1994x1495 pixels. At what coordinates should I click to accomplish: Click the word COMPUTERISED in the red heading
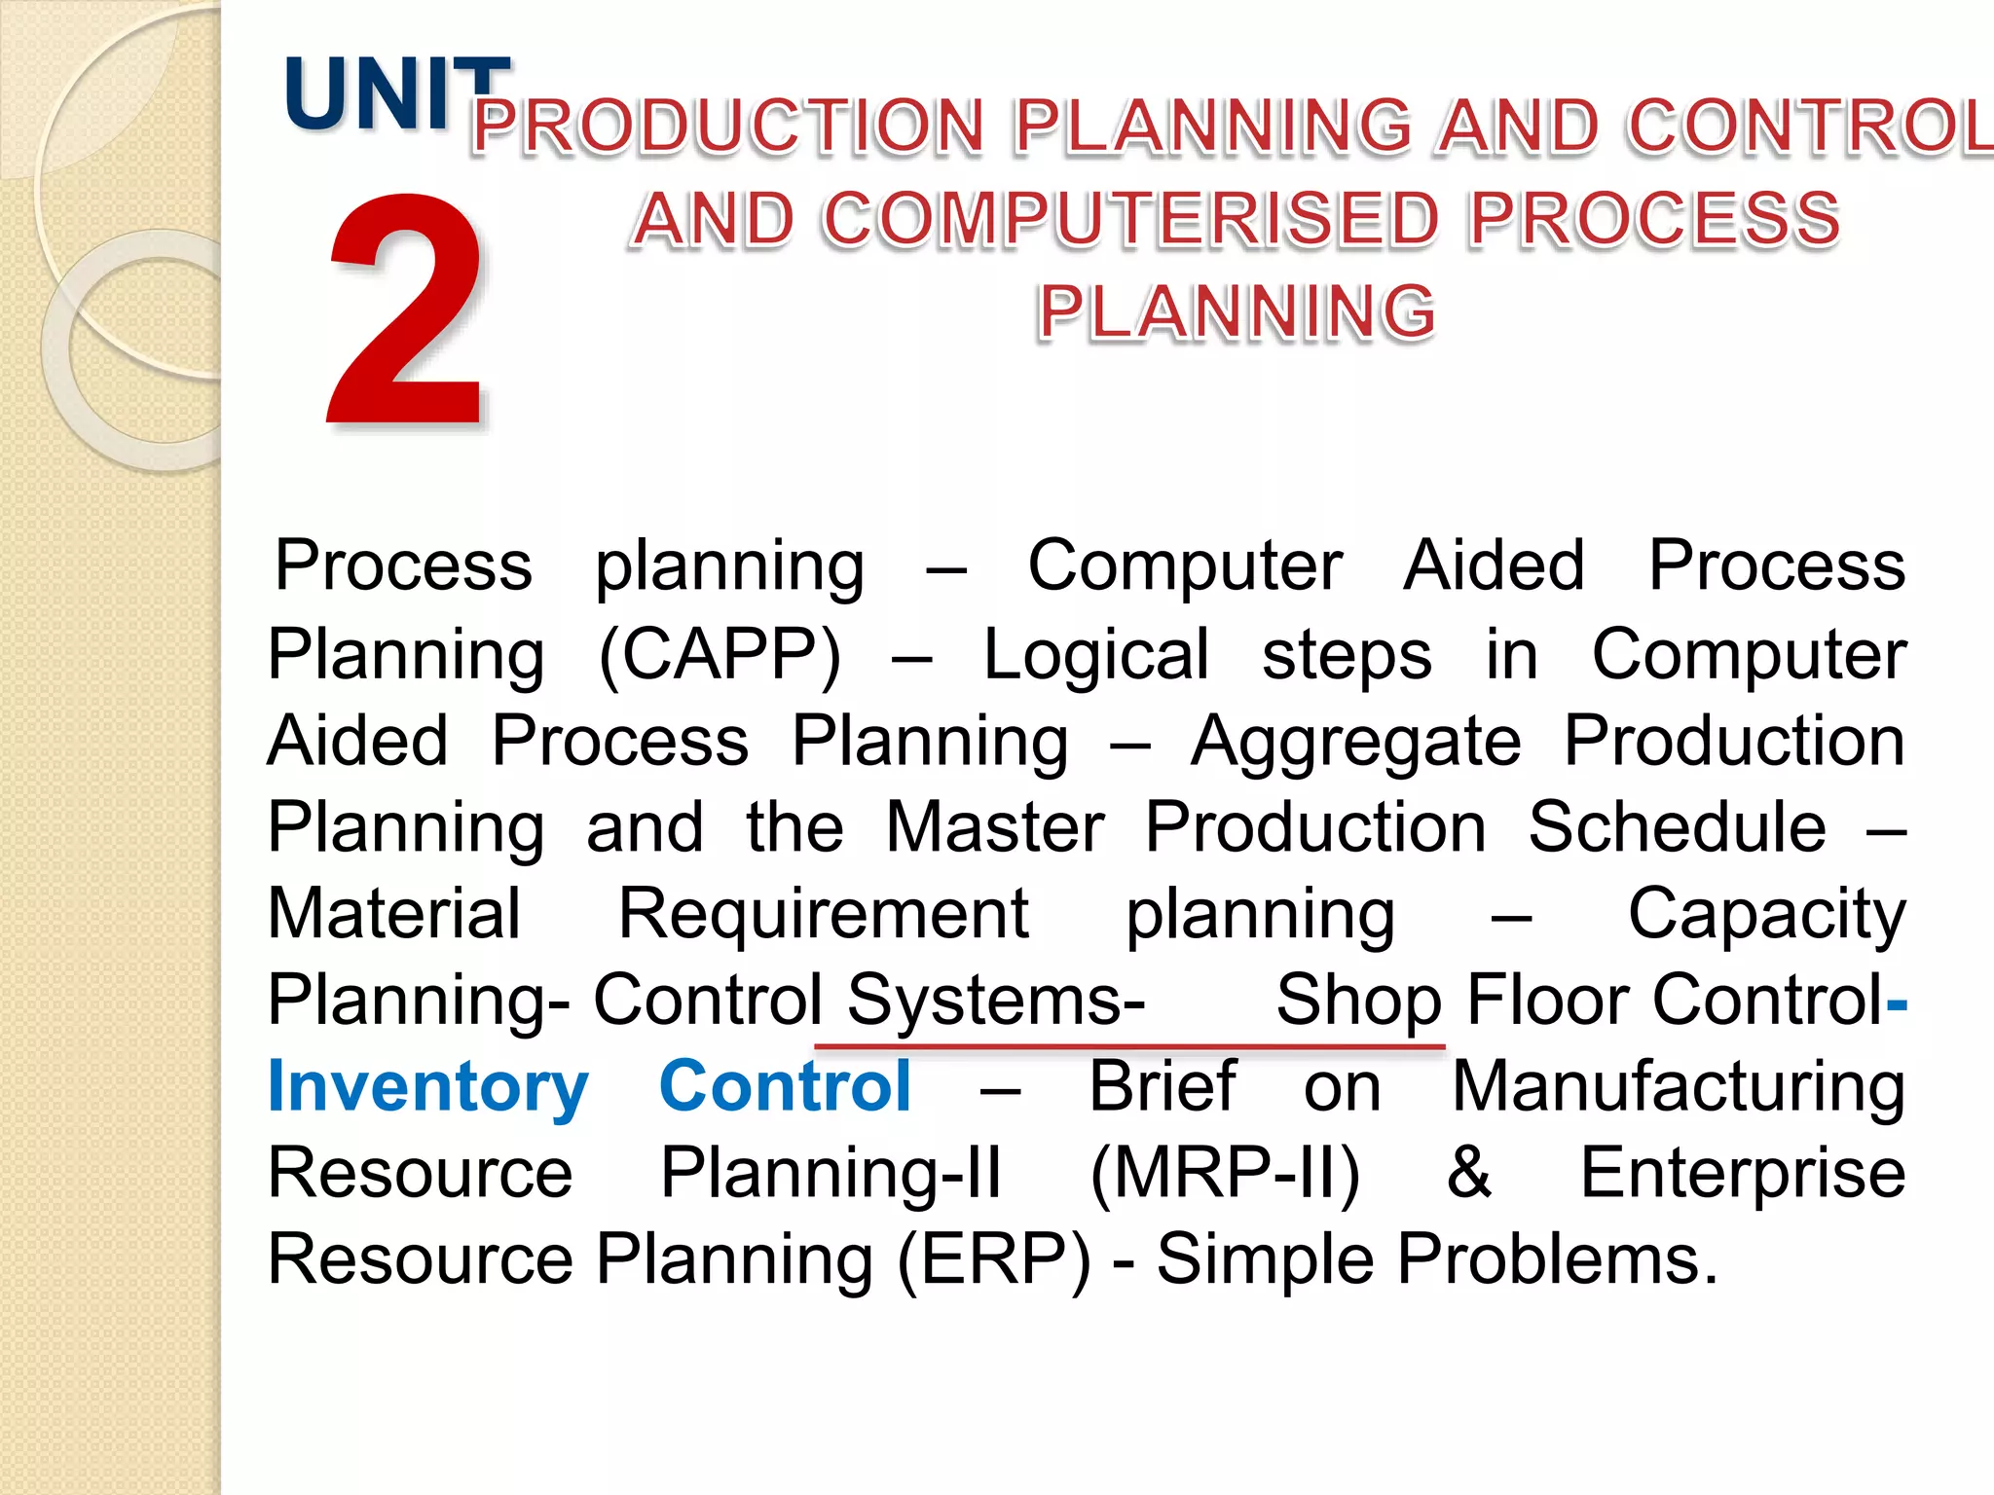1130,219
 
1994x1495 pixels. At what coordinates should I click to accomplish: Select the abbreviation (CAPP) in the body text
720,655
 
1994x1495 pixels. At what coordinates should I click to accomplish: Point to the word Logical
1096,655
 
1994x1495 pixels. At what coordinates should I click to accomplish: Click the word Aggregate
1355,742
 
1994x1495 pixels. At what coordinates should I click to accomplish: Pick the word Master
994,828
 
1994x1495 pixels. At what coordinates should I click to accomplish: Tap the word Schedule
1677,828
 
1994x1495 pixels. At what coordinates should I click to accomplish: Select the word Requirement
824,914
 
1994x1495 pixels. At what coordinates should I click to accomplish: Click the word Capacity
1766,916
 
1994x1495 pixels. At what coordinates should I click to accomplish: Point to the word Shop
1358,1002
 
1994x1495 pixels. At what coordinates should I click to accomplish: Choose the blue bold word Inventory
428,1087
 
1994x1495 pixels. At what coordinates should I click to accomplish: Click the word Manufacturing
1679,1088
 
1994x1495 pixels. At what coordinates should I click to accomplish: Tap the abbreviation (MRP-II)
1225,1174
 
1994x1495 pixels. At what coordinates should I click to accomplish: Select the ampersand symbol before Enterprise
1468,1173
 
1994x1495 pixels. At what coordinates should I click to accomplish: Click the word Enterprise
1742,1174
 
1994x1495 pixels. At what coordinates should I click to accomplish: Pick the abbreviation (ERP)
994,1260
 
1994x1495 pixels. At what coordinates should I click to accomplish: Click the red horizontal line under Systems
1129,1046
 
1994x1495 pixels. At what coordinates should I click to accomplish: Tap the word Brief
1162,1086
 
